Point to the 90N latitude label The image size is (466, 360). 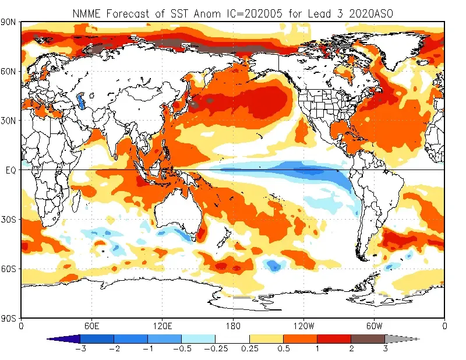coord(9,22)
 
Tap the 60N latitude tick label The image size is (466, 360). coord(9,72)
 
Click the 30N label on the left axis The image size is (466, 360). coord(9,121)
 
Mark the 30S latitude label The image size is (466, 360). coord(9,220)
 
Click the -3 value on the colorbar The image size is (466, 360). coord(80,349)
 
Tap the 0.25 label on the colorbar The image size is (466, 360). coord(249,349)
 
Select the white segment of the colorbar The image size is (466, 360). coord(232,338)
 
